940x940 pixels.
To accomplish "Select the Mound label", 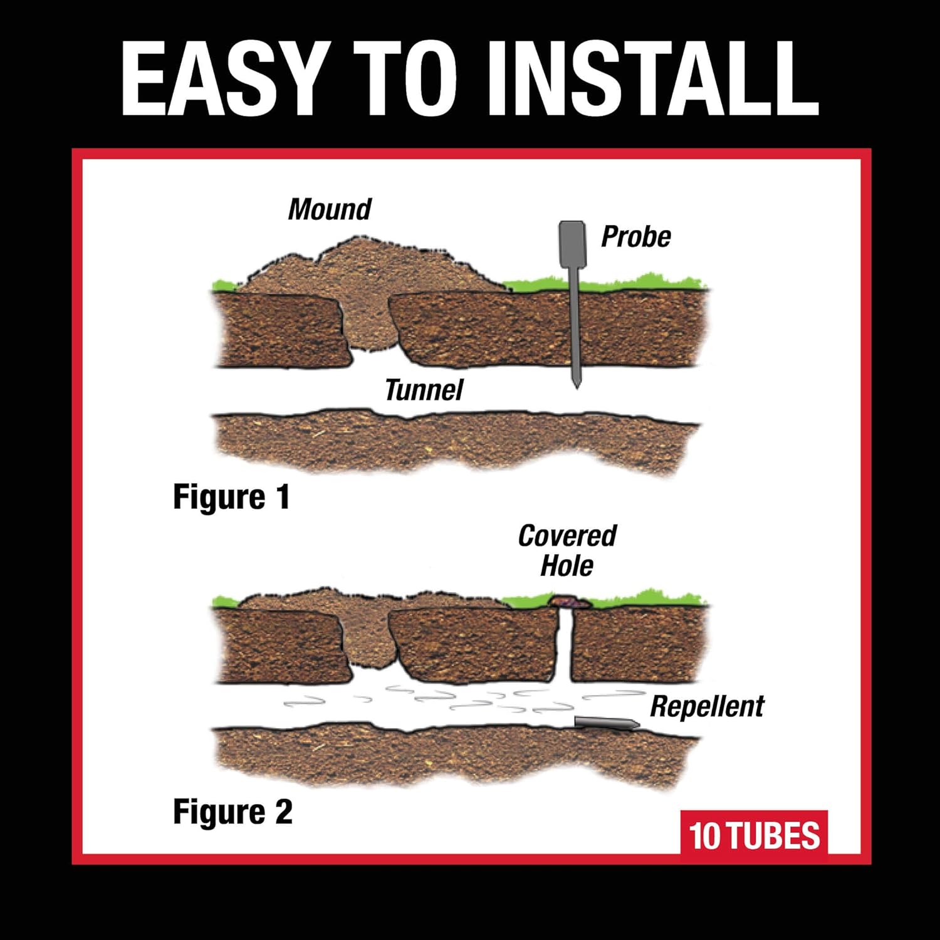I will [x=330, y=209].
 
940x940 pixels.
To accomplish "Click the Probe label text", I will [x=635, y=237].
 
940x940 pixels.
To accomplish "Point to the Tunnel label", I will [x=424, y=390].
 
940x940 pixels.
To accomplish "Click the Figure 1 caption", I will [x=231, y=498].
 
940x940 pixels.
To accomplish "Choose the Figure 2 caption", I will [x=232, y=812].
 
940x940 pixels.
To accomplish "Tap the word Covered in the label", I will [x=567, y=536].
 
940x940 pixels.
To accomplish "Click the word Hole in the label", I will [x=567, y=566].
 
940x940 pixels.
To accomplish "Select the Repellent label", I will [x=707, y=706].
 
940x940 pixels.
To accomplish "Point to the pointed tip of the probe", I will [x=577, y=384].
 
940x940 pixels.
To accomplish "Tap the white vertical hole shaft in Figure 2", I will [x=564, y=645].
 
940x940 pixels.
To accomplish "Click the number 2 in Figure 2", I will [x=283, y=812].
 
